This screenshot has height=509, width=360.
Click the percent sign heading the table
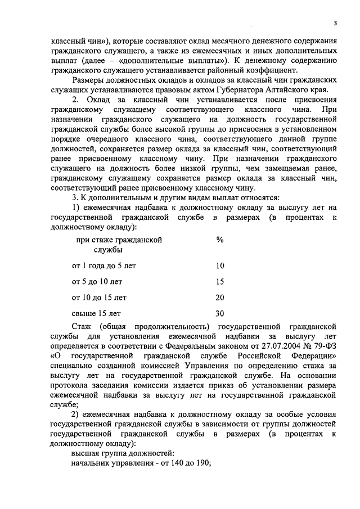pos(219,239)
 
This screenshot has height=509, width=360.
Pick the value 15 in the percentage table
pos(219,281)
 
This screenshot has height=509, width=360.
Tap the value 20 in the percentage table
pos(219,297)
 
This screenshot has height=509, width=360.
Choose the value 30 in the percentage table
pos(219,313)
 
